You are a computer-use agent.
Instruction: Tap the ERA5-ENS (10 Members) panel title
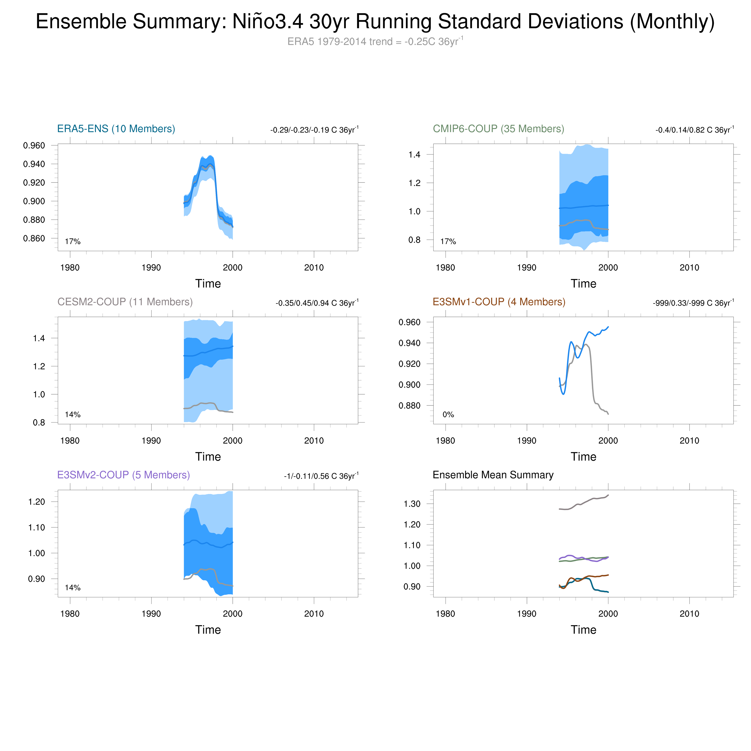point(116,129)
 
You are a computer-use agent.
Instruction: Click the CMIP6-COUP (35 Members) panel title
point(498,129)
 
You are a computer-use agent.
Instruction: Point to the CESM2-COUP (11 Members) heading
point(125,302)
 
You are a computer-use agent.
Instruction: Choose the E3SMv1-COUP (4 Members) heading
point(499,302)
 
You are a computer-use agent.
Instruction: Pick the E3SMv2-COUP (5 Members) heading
point(123,475)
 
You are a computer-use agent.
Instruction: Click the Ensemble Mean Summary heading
point(493,475)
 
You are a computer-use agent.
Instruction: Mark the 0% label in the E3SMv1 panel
point(448,414)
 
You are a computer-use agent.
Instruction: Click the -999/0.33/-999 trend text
point(693,303)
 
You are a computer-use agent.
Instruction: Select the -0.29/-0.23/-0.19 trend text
point(314,130)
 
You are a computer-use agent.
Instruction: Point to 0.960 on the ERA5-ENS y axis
point(34,145)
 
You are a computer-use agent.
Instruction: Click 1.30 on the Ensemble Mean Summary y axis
point(412,504)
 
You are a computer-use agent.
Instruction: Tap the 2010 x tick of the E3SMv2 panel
point(314,614)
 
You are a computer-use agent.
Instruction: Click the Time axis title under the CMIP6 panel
point(583,283)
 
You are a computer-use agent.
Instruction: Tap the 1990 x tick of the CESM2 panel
point(151,440)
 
